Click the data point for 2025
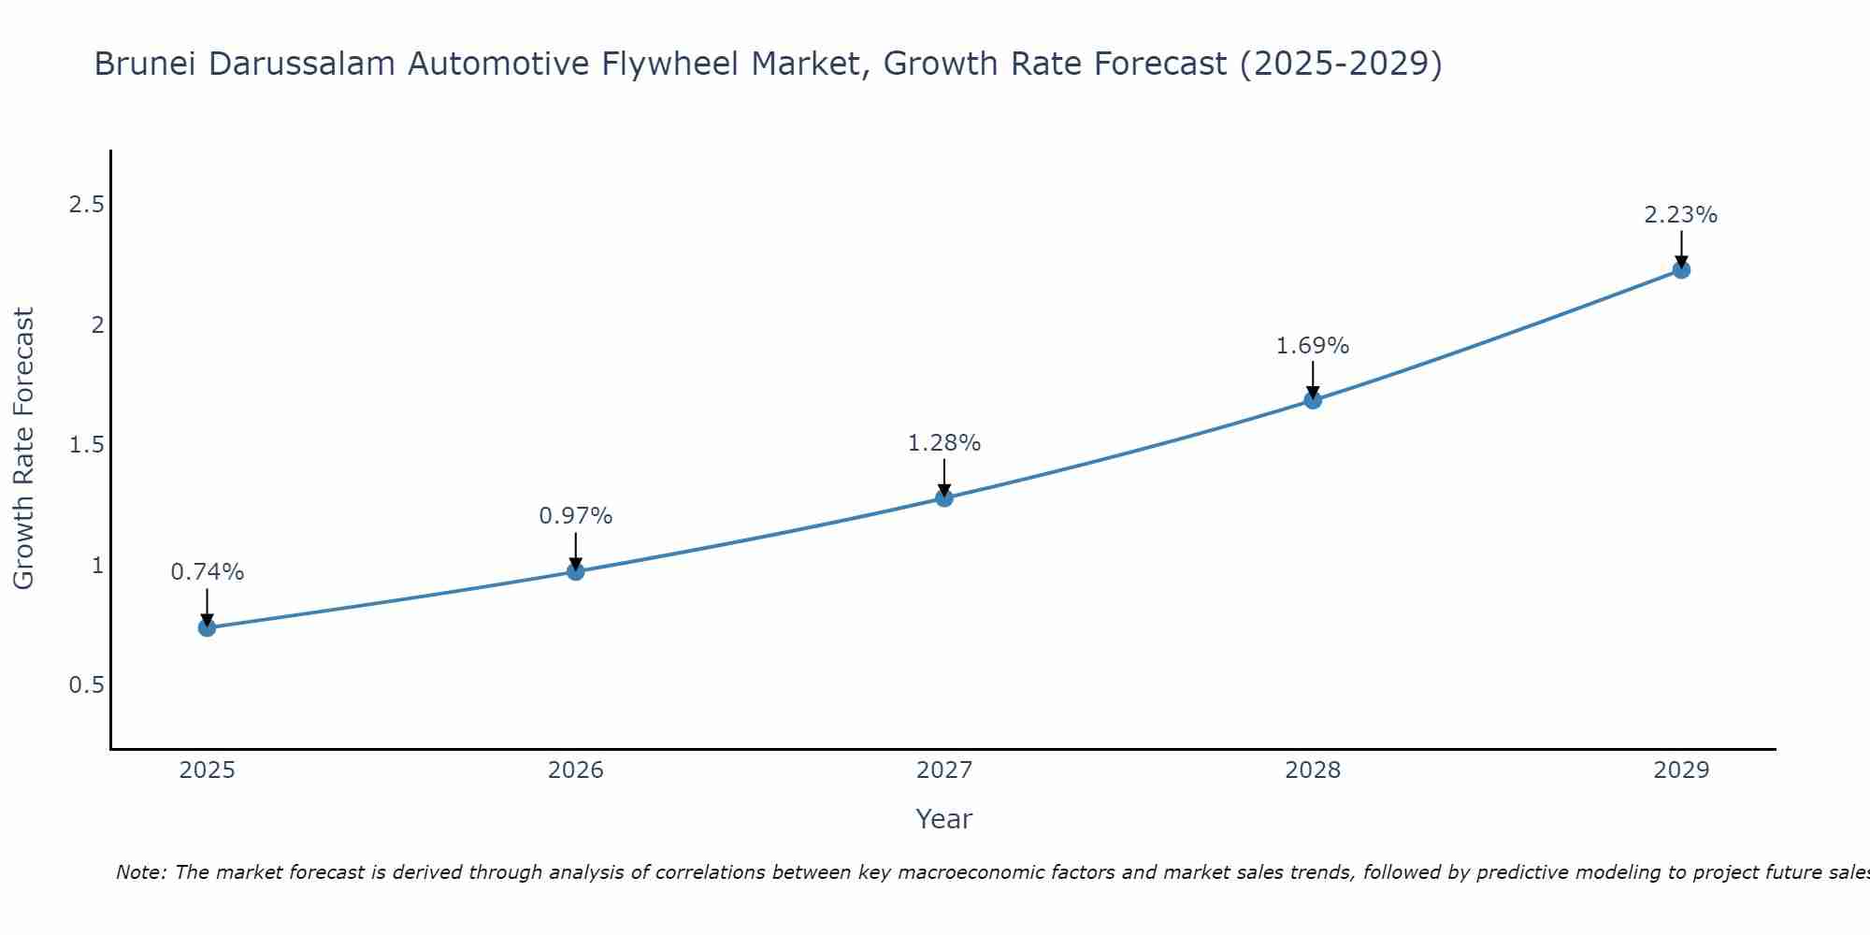pos(207,627)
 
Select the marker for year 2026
pos(576,571)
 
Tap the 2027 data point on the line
pos(944,497)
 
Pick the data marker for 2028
pos(1313,400)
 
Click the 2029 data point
pos(1681,270)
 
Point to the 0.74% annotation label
pos(207,572)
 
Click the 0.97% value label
pos(576,516)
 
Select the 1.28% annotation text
pos(944,443)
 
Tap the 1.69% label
pos(1313,346)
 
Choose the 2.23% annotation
pos(1681,215)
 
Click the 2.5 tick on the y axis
pos(86,205)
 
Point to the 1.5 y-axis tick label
pos(86,445)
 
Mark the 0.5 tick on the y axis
pos(86,685)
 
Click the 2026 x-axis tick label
pos(576,770)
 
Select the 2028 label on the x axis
pos(1313,770)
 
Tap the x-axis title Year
pos(944,819)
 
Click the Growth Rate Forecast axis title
pos(24,449)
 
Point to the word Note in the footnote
pos(140,872)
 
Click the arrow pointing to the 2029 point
pos(1681,247)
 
